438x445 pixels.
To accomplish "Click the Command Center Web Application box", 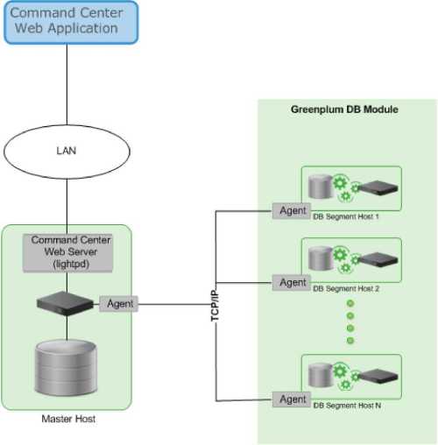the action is coord(71,23).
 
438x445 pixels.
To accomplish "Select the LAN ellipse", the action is coord(67,152).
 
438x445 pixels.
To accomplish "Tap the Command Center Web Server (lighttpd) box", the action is coord(67,253).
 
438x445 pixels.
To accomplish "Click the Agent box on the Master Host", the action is coord(118,304).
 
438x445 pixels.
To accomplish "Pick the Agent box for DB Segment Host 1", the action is coord(292,210).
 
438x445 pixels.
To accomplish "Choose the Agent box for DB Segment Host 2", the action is coord(292,282).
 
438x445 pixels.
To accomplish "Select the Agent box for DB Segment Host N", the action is coord(292,399).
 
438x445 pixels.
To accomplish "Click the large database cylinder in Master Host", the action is coord(66,367).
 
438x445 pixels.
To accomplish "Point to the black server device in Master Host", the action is coord(65,304).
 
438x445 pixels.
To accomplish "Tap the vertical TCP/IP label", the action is coord(215,306).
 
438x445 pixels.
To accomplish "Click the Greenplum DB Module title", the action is coord(344,109).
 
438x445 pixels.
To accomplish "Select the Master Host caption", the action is coord(68,419).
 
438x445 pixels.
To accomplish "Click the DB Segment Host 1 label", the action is coord(346,216).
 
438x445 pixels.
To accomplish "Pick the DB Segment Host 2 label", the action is coord(346,288).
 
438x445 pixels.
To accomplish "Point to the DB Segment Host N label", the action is coord(347,406).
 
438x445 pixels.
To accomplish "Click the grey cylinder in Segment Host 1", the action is coord(321,187).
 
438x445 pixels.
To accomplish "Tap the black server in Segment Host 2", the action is coord(378,259).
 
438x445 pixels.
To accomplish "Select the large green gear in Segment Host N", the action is coord(340,371).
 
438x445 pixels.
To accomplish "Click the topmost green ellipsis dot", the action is coord(350,303).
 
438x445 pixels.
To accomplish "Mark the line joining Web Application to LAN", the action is coord(67,85).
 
